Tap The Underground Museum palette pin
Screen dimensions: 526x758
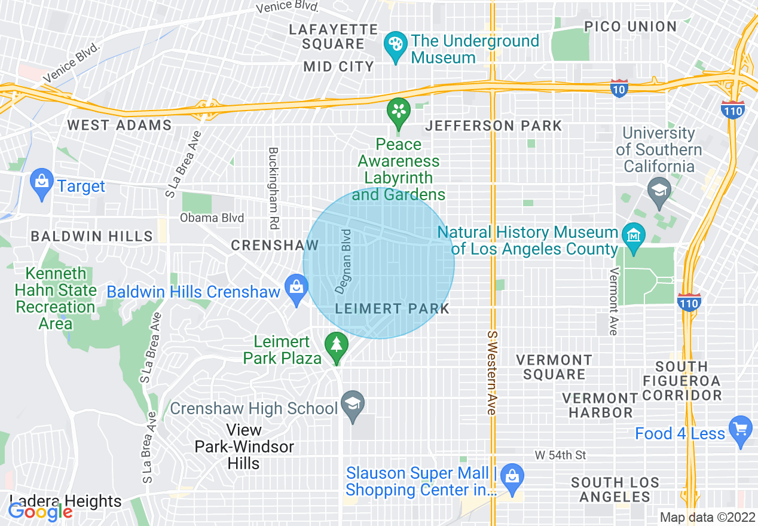point(395,46)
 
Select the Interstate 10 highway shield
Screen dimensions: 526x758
point(619,88)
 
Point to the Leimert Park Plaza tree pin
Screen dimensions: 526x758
point(337,347)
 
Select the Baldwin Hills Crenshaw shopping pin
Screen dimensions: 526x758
point(297,288)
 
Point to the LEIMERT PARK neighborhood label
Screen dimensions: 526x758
point(392,309)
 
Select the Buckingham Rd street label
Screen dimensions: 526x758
point(274,188)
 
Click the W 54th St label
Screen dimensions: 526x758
point(560,455)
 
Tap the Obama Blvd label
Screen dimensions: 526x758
point(212,218)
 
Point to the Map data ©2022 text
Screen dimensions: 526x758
point(706,518)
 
